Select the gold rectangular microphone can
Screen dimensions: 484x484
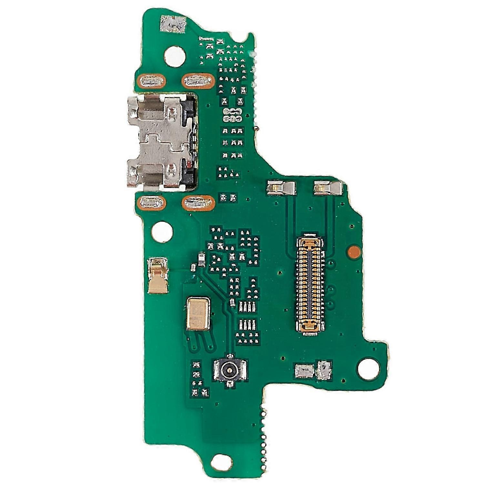(x=198, y=314)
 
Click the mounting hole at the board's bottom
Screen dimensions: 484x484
(x=222, y=462)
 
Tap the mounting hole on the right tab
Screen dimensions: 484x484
(x=368, y=368)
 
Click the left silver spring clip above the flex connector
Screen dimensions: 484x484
(x=281, y=188)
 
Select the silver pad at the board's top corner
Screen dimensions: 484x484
(x=173, y=25)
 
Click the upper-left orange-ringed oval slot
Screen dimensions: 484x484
(x=151, y=81)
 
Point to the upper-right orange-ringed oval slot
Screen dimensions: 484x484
(x=198, y=81)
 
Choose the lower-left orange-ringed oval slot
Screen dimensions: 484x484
(x=151, y=203)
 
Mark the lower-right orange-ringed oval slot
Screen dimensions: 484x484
(x=198, y=203)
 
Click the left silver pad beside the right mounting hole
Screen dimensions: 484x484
(x=304, y=371)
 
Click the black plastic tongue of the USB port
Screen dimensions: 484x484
(x=190, y=142)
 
